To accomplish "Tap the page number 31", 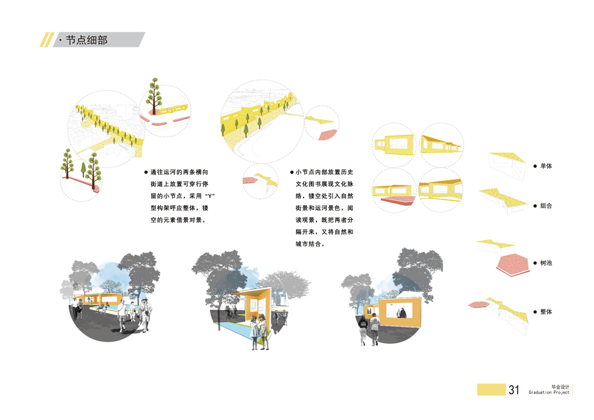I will pos(514,390).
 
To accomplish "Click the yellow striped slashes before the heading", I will pos(46,40).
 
